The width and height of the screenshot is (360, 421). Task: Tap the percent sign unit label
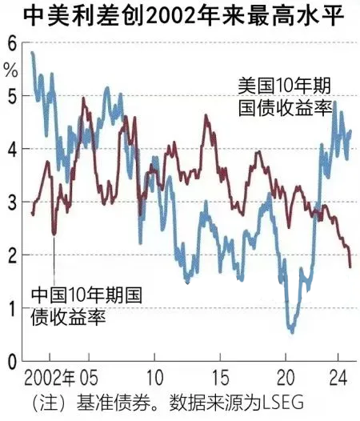coord(10,68)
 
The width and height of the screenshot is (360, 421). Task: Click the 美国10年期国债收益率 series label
coord(285,95)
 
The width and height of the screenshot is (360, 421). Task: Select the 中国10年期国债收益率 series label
coord(86,306)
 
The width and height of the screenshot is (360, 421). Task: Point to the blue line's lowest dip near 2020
coord(292,330)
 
